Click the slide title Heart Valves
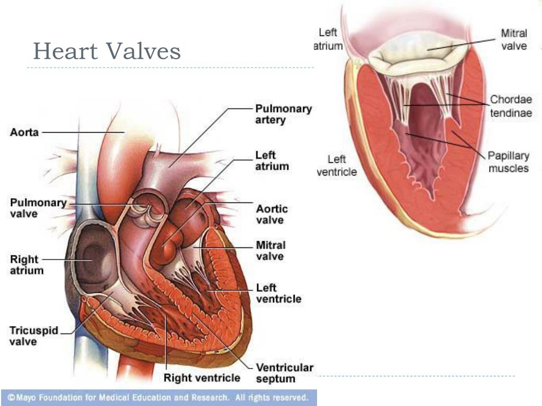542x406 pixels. point(106,52)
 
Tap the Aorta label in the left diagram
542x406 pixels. point(24,132)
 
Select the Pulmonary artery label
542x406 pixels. point(284,114)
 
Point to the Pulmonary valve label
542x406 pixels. point(39,208)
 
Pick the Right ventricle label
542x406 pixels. point(202,378)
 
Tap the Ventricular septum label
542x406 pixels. point(285,373)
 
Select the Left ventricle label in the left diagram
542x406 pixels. point(279,293)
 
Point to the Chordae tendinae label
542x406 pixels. point(511,106)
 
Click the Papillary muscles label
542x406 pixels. point(508,162)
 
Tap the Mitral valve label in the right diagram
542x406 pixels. point(514,40)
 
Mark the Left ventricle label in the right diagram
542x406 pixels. point(337,165)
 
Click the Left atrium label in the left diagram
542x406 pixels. point(272,161)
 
